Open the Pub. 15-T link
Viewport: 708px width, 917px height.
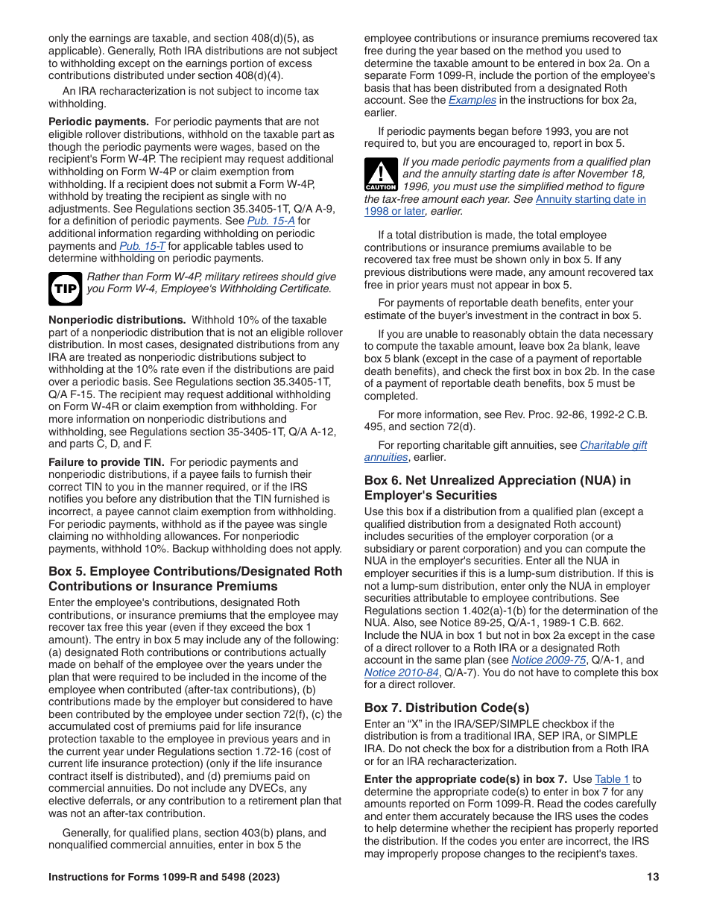click(x=142, y=246)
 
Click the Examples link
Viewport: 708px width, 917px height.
click(x=472, y=100)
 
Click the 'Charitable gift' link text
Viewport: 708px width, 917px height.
click(x=613, y=445)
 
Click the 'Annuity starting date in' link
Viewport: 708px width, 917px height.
click(x=590, y=199)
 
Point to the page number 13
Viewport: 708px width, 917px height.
click(x=653, y=877)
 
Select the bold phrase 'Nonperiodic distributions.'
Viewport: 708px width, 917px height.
click(x=117, y=320)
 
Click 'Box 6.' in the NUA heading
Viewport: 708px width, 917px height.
click(x=382, y=480)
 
